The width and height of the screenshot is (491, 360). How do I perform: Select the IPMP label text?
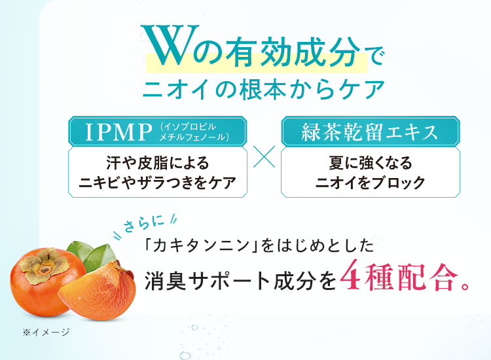(x=118, y=132)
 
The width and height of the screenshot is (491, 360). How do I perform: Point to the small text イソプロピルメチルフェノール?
(x=194, y=132)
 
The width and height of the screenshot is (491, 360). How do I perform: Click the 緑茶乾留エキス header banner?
(x=371, y=132)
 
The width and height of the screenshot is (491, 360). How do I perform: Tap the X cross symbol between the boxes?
(x=264, y=156)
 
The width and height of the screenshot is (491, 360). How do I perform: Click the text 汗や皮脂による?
(x=158, y=163)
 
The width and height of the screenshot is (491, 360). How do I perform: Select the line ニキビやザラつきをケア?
(x=158, y=183)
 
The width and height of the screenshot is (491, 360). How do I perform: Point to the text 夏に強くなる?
(x=371, y=163)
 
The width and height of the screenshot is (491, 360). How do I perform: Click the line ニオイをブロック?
(x=371, y=183)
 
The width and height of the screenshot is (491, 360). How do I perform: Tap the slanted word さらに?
(x=144, y=224)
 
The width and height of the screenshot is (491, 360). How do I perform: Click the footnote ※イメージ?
(x=46, y=332)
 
